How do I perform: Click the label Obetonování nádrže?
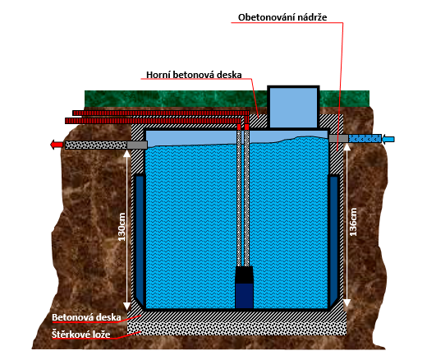coord(282,17)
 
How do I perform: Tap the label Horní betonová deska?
coord(194,75)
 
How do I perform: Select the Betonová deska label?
coord(86,317)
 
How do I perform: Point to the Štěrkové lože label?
coord(81,335)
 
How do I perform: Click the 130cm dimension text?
coord(122,227)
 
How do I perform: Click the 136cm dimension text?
coord(353,222)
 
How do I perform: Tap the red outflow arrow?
coord(57,145)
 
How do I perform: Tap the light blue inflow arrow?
coord(388,139)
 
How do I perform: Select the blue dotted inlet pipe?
coord(365,138)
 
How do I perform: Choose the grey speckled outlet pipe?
coord(96,145)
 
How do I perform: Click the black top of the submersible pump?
coord(244,275)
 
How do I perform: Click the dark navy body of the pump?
coord(244,296)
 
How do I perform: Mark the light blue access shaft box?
coord(293,107)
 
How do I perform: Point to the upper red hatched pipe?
coord(161,113)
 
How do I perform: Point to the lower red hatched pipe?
coord(153,121)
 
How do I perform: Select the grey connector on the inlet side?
coord(338,138)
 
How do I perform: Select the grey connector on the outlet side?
coord(137,145)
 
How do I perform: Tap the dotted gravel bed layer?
coord(237,329)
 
